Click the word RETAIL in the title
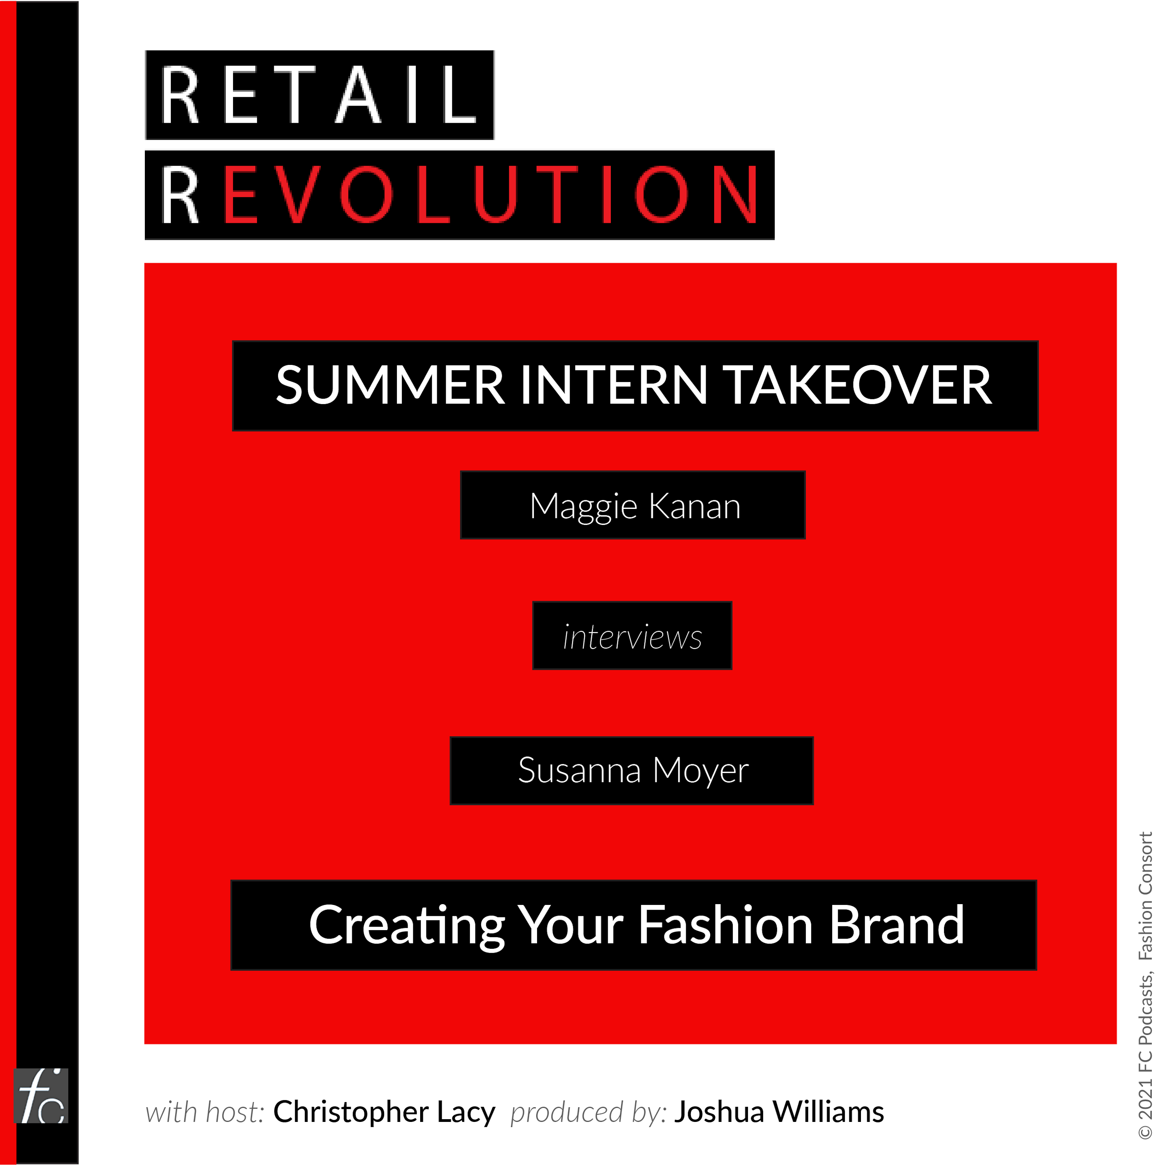pyautogui.click(x=318, y=95)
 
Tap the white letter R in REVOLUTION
pyautogui.click(x=180, y=195)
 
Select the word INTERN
pyautogui.click(x=614, y=385)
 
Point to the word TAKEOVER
pyautogui.click(x=860, y=385)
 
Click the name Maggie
pyautogui.click(x=583, y=507)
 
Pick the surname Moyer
pyautogui.click(x=701, y=772)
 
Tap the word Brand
pyautogui.click(x=897, y=925)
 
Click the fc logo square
pyautogui.click(x=41, y=1096)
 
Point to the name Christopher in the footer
pyautogui.click(x=351, y=1112)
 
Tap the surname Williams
pyautogui.click(x=829, y=1112)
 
